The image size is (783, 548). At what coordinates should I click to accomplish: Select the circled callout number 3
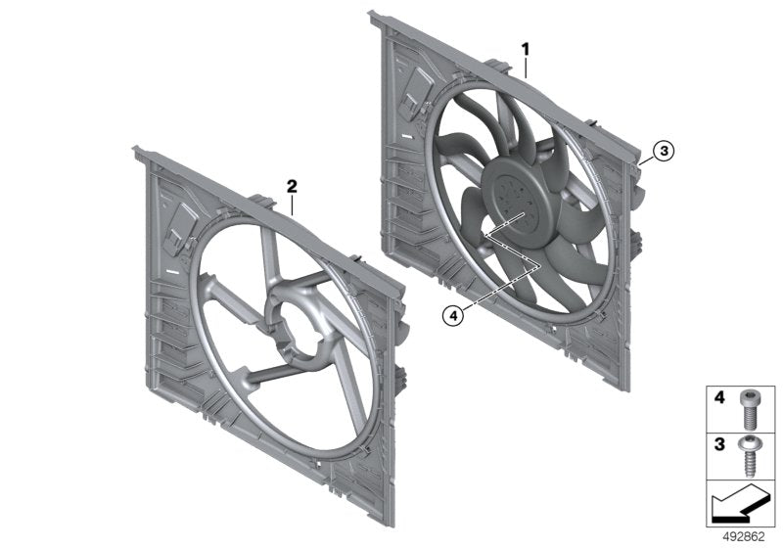pyautogui.click(x=663, y=151)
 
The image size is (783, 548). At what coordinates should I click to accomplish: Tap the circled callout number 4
pyautogui.click(x=451, y=315)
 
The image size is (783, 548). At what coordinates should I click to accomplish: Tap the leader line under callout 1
pyautogui.click(x=527, y=67)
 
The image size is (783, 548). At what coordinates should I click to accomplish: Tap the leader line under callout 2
pyautogui.click(x=292, y=203)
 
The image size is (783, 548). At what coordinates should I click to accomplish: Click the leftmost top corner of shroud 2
pyautogui.click(x=136, y=150)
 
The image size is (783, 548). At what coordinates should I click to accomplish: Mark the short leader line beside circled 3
pyautogui.click(x=648, y=156)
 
